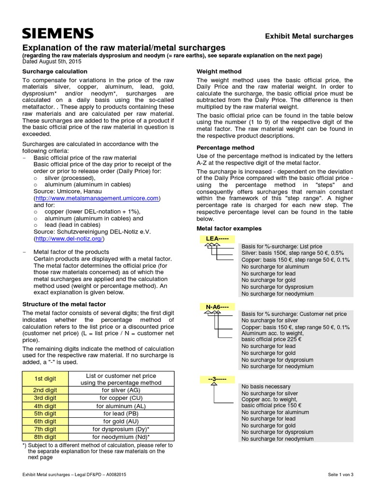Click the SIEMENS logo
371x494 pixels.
pyautogui.click(x=57, y=33)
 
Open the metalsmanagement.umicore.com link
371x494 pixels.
pyautogui.click(x=97, y=198)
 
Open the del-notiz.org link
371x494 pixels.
pyautogui.click(x=69, y=239)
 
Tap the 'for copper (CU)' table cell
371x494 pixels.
pyautogui.click(x=122, y=398)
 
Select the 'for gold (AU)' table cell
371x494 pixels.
pyautogui.click(x=122, y=421)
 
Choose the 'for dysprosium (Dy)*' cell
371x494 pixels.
pyautogui.click(x=122, y=429)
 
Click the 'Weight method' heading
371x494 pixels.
pyautogui.click(x=219, y=71)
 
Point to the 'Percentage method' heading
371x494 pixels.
pyautogui.click(x=226, y=148)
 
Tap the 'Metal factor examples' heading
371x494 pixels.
pyautogui.click(x=229, y=228)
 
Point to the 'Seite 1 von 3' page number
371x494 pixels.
pyautogui.click(x=340, y=475)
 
